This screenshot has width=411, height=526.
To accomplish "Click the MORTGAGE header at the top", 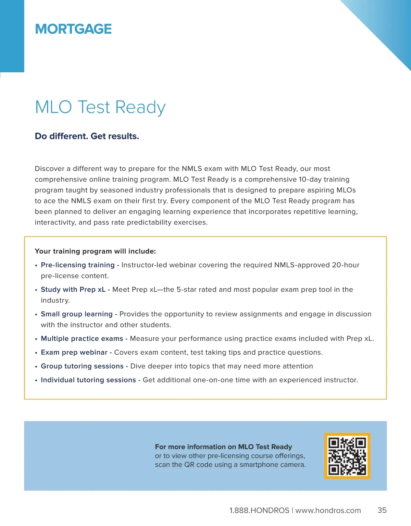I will coord(73,29).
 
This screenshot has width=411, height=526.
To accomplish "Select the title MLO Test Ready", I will coord(100,107).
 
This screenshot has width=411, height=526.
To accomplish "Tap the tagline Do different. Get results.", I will coord(87,136).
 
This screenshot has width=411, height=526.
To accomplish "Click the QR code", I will coord(347,456).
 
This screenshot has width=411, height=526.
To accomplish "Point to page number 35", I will coord(382,510).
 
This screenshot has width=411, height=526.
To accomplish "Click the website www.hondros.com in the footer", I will coord(328,511).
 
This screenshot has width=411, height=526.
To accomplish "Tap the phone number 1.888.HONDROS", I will coord(259,511).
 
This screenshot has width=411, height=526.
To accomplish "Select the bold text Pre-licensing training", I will coord(77,265).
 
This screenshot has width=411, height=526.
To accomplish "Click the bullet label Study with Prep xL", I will coord(73,290).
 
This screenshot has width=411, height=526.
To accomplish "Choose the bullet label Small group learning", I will coord(76,314).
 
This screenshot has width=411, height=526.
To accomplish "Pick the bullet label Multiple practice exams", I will coord(82,339).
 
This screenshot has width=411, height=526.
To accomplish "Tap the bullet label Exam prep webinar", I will coord(74,352).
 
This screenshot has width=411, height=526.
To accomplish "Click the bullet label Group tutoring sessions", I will coord(82,366).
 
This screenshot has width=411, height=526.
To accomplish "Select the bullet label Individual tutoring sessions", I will coord(88,380).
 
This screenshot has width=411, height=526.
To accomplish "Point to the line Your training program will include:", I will coord(95,251).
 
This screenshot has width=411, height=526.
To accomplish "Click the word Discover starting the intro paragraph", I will coord(49,169).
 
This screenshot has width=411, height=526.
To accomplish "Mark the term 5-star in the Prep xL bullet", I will coord(186,290).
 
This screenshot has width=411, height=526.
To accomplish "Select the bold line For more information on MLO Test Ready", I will coord(223,447).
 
